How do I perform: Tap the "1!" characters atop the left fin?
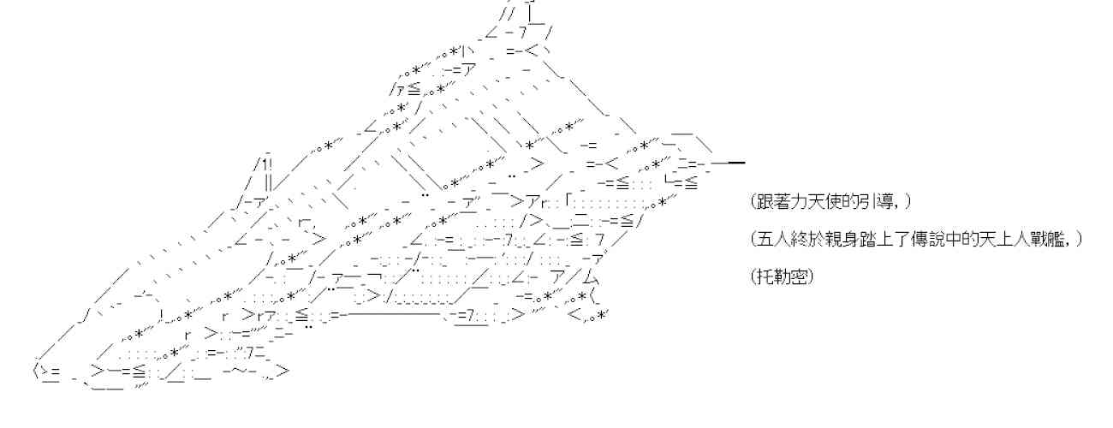click(x=264, y=163)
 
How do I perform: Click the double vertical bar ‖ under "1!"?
click(x=268, y=181)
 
